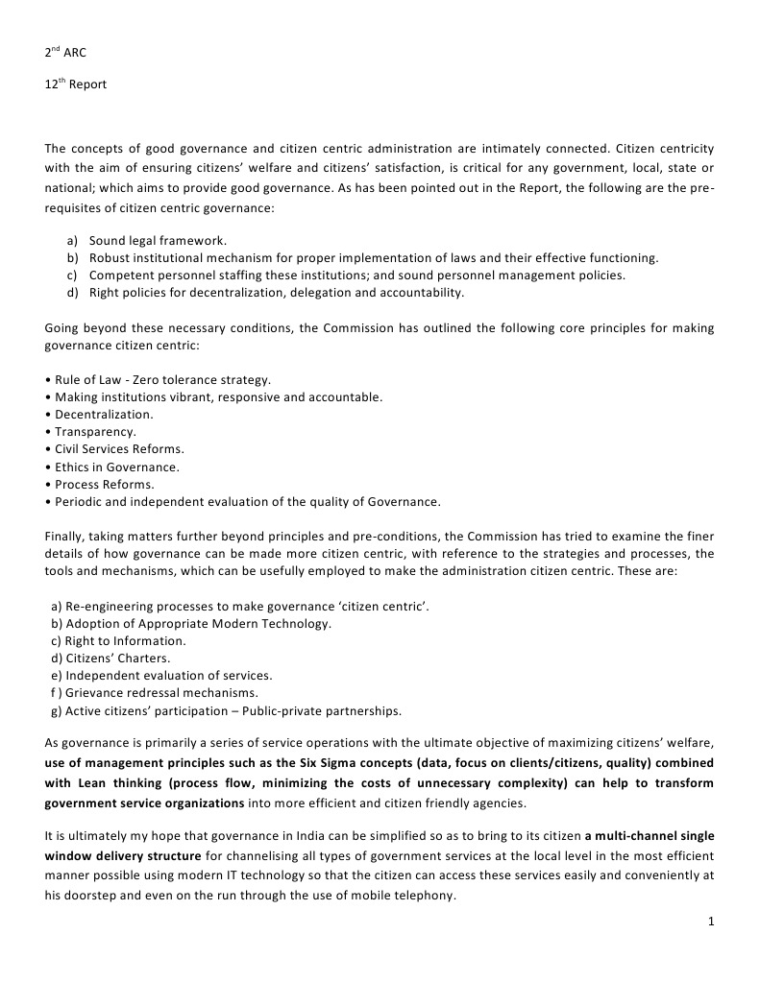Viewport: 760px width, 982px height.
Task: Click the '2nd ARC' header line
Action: coord(65,53)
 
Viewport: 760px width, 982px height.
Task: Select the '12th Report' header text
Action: coord(76,84)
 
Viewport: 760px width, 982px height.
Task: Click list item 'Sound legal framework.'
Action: coord(158,240)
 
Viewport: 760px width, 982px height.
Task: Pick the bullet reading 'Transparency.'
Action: coord(91,432)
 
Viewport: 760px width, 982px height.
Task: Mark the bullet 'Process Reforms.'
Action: coord(100,484)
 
